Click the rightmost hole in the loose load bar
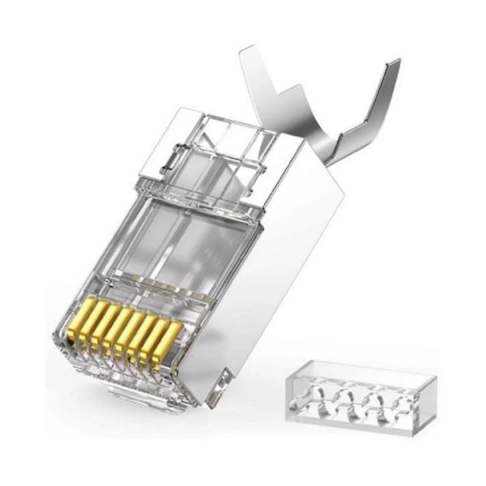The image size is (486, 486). pyautogui.click(x=389, y=405)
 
